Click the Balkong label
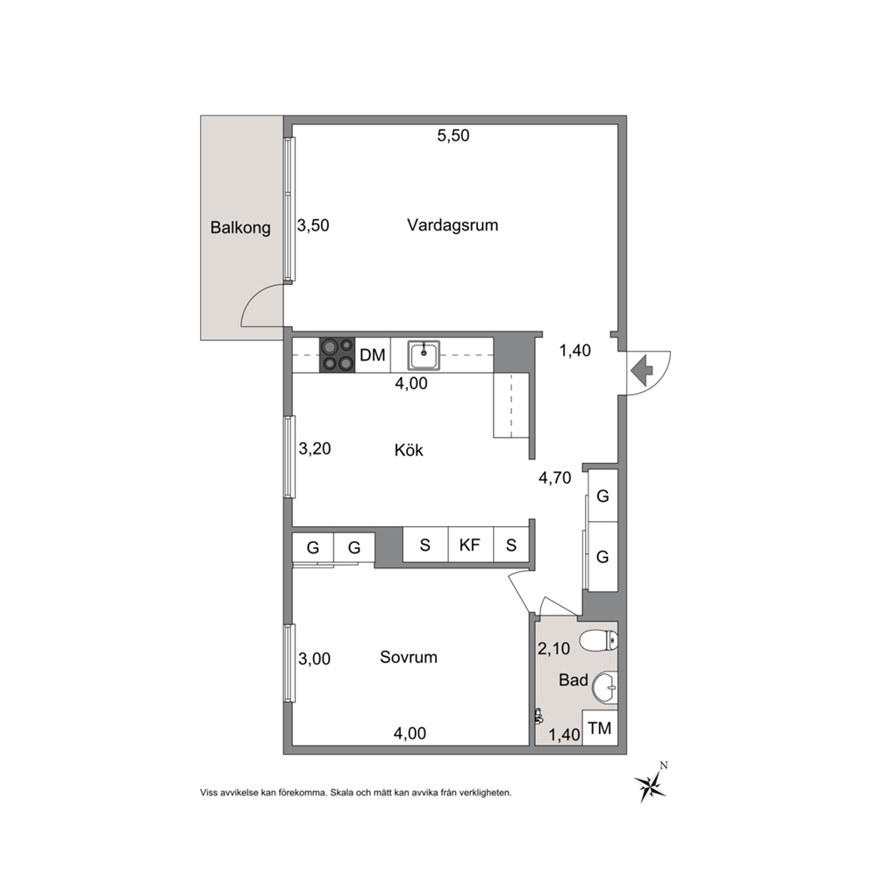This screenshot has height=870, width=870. [x=240, y=227]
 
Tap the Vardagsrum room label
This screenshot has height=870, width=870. [x=453, y=225]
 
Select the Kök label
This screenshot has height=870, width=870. [x=409, y=449]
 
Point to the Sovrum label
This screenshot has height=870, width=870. [x=409, y=657]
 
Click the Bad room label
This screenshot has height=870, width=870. [x=574, y=680]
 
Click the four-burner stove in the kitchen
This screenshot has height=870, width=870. [x=337, y=354]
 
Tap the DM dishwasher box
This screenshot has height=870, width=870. [x=373, y=354]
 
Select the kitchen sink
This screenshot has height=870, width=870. [x=424, y=355]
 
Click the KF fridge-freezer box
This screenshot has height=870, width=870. [x=470, y=545]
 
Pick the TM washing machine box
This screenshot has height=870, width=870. [x=600, y=727]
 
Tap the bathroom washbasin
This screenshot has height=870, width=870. [x=605, y=688]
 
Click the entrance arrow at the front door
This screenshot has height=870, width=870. [x=642, y=371]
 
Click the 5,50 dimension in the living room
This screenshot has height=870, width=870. [x=453, y=135]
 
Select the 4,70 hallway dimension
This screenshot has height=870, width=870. [x=555, y=478]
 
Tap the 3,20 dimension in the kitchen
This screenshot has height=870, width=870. [x=315, y=448]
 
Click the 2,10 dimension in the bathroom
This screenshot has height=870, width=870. [x=553, y=648]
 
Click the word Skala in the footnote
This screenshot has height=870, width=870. [x=339, y=793]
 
